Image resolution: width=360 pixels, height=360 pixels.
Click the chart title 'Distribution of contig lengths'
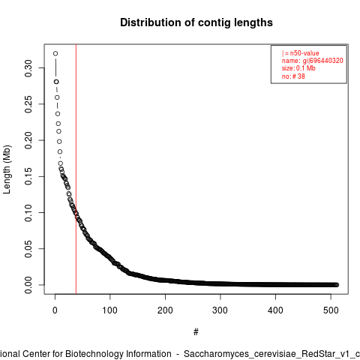pos(196,22)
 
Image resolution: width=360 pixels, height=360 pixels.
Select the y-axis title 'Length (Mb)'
pos(7,169)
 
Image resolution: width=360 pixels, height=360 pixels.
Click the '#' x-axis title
pos(196,332)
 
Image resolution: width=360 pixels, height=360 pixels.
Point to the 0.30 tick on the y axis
pos(28,68)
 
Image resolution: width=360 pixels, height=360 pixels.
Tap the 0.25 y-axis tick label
pos(28,104)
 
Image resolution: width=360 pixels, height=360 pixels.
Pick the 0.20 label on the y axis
pos(28,140)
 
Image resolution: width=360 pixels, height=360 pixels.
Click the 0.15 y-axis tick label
pos(28,176)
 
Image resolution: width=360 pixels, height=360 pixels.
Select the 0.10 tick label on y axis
pos(28,213)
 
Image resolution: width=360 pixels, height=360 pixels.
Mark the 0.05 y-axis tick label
pos(28,249)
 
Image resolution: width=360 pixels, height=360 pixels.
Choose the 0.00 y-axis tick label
pos(28,285)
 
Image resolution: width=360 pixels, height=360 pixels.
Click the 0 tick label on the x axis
pos(55,310)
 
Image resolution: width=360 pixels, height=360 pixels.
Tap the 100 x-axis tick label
pos(110,310)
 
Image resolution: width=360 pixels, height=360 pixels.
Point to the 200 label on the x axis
pos(165,310)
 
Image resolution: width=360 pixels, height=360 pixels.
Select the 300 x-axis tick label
pos(220,310)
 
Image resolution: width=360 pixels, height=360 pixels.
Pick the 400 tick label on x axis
pos(275,310)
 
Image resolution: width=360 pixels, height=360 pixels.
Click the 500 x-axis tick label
pos(331,310)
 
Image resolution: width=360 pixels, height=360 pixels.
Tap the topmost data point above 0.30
pos(55,53)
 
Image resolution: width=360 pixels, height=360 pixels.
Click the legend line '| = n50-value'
pos(301,53)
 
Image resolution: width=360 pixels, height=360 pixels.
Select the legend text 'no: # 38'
pos(293,76)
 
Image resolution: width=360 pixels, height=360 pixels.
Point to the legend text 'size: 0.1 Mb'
pos(298,68)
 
